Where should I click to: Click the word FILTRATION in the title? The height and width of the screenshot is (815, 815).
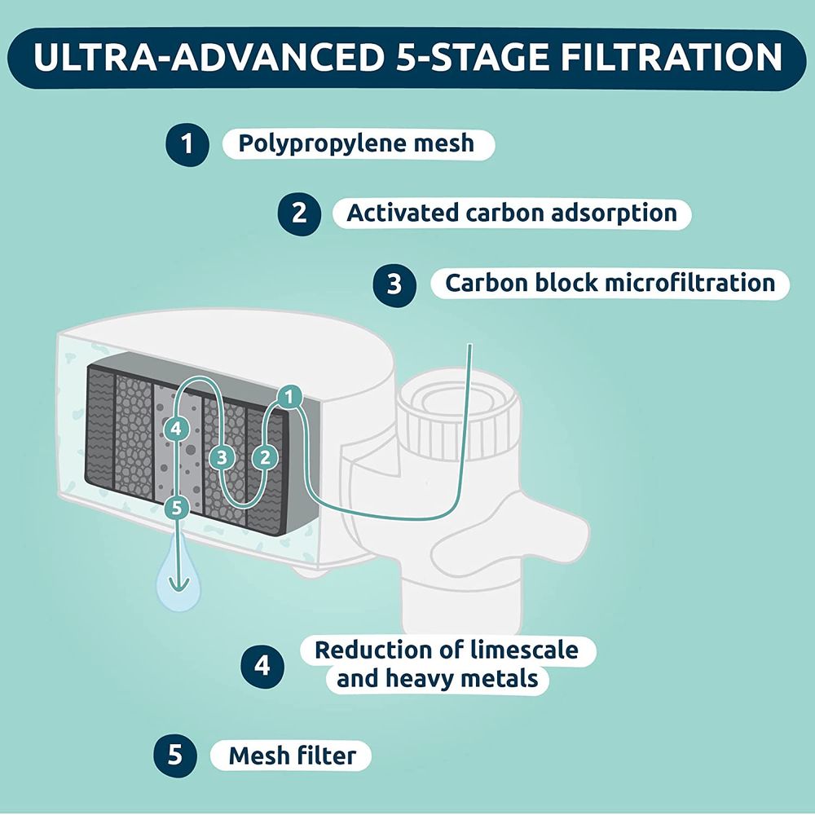(x=671, y=57)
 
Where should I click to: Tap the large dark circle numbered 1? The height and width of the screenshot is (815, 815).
(x=187, y=144)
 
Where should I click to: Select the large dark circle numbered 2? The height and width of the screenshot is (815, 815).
(x=299, y=214)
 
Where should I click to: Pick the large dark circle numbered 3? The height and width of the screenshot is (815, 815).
(x=394, y=284)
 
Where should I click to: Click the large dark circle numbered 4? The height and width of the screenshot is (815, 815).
(x=262, y=667)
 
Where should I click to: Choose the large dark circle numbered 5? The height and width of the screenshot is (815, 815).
(x=175, y=756)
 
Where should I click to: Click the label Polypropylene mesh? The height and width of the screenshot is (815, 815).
(x=357, y=144)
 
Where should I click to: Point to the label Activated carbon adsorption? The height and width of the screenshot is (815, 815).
(x=512, y=213)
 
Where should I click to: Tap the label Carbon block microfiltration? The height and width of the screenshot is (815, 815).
(x=610, y=284)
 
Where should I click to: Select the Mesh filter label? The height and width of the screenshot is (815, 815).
(x=293, y=756)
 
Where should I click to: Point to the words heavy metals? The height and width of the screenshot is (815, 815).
(x=461, y=679)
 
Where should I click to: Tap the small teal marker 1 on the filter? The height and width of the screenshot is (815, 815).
(x=289, y=398)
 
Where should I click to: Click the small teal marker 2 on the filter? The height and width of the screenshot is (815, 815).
(x=265, y=458)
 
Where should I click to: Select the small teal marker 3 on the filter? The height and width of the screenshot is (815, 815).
(x=222, y=458)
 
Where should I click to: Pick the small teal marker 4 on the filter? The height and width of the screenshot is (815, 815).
(x=176, y=430)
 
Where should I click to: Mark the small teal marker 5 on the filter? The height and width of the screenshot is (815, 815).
(x=177, y=508)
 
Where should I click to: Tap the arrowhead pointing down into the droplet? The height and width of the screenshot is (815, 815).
(x=179, y=586)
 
